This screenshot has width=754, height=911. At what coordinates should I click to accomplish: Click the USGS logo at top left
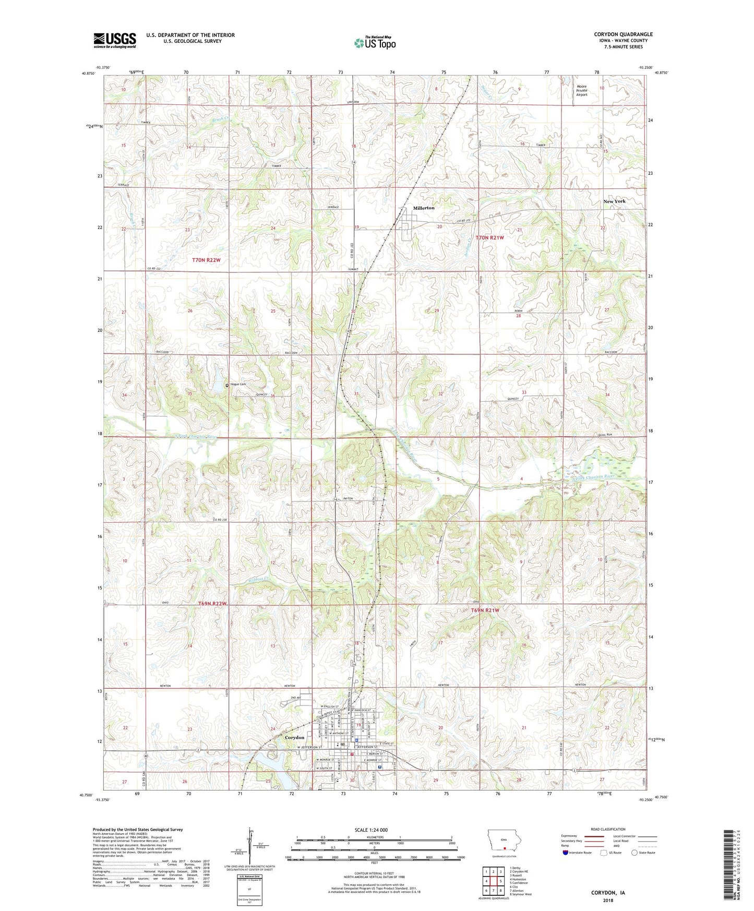[115, 40]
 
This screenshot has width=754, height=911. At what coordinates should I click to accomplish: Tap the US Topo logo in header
[374, 42]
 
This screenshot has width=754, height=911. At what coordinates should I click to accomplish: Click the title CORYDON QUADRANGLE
[623, 34]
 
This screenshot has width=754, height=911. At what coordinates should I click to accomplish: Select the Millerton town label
[423, 208]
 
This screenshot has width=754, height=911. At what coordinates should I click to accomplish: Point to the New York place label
[614, 201]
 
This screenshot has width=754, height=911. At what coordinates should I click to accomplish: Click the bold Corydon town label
[294, 737]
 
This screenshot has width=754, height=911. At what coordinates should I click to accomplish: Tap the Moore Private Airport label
[581, 91]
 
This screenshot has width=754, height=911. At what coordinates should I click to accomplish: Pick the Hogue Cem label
[238, 385]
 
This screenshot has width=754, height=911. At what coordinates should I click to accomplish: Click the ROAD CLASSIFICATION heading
[608, 829]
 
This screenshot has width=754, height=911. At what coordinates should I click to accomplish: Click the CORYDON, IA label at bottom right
[608, 893]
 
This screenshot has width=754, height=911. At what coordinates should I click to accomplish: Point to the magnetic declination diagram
[249, 848]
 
